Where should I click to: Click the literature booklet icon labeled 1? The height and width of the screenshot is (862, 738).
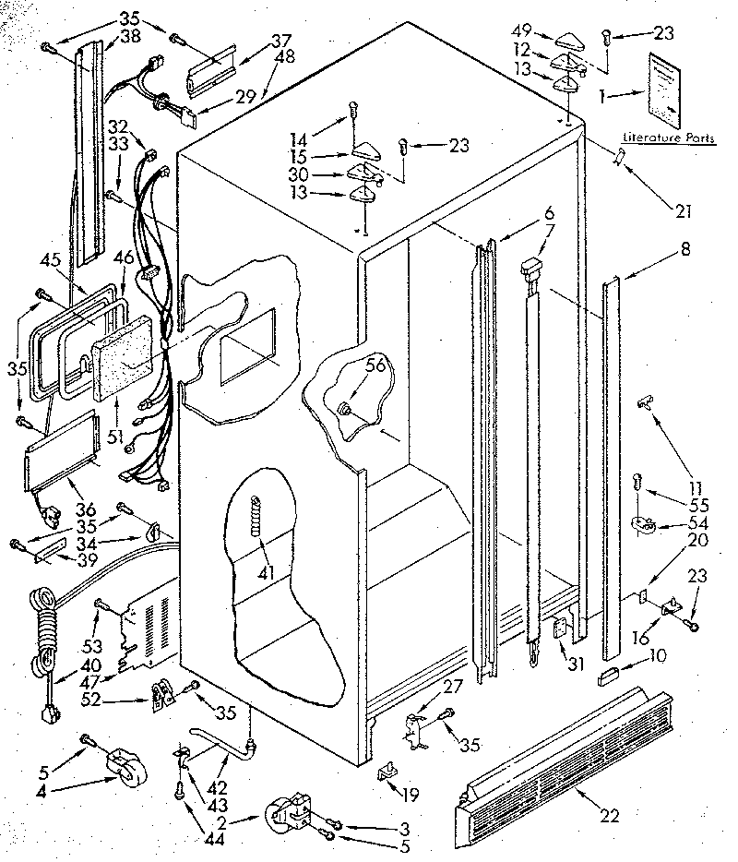click(668, 90)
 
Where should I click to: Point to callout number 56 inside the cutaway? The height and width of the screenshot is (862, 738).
click(375, 366)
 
